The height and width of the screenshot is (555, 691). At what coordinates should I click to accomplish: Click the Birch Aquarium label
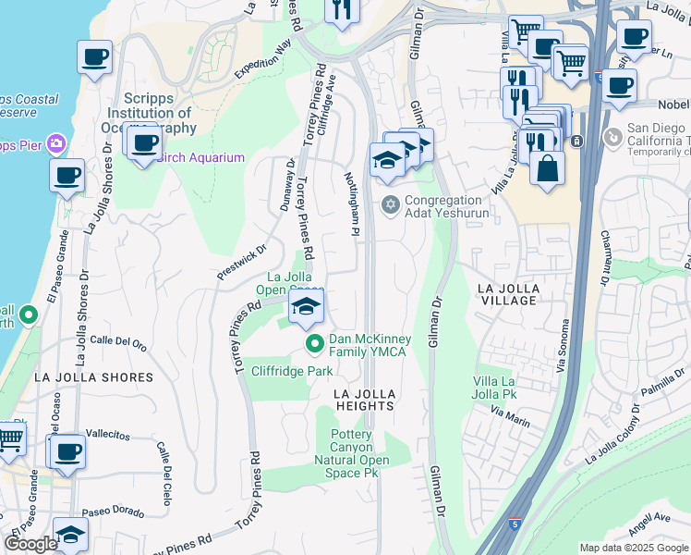200,157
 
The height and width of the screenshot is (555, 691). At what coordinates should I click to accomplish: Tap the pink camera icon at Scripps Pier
57,143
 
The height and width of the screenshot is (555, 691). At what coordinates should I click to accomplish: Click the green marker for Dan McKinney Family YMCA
314,345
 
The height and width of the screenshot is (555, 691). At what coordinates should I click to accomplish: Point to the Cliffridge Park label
292,371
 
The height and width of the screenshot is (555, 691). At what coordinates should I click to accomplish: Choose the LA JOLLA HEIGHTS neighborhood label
365,400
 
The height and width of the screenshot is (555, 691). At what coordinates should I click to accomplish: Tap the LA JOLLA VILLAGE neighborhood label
507,294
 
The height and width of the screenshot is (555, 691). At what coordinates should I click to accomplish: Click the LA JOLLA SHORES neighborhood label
93,377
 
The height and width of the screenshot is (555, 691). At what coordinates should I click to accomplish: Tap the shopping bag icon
547,168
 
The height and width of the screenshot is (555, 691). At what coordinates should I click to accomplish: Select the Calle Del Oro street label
118,341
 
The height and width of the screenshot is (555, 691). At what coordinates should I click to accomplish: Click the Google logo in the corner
30,544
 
